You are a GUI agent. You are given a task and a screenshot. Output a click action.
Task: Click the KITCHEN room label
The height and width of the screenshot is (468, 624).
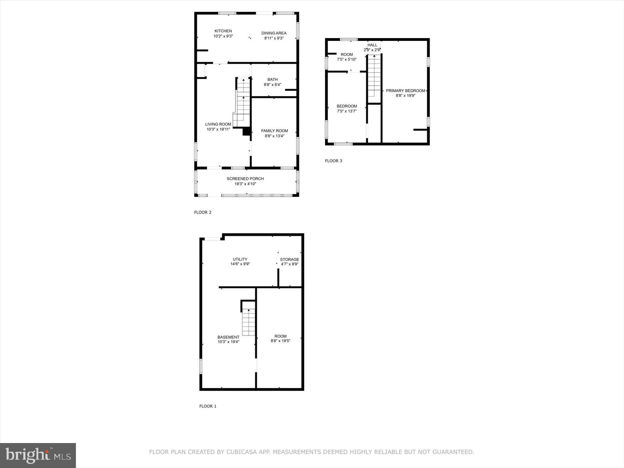pos(223,31)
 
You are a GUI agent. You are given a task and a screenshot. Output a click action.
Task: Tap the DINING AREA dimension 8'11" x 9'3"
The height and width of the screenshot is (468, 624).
pos(274,38)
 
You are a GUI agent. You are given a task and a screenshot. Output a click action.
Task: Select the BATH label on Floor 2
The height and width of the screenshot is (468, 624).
pos(272,79)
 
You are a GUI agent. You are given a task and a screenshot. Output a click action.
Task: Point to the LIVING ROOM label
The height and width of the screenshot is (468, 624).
pos(218,124)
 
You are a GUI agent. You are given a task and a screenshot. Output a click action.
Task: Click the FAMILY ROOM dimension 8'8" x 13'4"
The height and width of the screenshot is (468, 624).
pos(274,136)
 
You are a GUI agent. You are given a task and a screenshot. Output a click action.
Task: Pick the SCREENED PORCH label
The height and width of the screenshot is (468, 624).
pos(245,179)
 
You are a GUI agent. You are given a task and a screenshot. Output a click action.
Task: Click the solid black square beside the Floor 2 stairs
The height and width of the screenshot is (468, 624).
pos(246,131)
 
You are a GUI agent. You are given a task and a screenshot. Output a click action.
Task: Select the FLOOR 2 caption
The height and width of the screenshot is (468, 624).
pos(202,212)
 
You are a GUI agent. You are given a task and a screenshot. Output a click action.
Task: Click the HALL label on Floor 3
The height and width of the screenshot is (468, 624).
pos(372,45)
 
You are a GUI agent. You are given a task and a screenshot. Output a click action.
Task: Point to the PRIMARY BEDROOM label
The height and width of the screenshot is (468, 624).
pos(405,90)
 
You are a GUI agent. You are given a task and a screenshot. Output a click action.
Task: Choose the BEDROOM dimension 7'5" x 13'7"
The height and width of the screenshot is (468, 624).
pos(347,111)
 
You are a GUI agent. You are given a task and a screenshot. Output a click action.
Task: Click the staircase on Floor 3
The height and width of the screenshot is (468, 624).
pos(374,76)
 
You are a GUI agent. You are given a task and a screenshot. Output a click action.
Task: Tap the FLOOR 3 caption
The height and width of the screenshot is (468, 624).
pos(333,161)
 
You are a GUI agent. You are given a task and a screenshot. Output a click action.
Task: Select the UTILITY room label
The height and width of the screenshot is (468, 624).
pos(240,259)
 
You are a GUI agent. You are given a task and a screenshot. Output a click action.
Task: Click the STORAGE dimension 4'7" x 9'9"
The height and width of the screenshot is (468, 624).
pos(289,264)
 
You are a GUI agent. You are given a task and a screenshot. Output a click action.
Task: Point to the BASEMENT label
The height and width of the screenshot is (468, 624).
pos(228,337)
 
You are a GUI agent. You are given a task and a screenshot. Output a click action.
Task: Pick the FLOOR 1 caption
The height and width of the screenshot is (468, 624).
pos(208,406)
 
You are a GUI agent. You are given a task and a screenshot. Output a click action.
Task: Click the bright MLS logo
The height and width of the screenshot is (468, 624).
pos(38,455)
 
